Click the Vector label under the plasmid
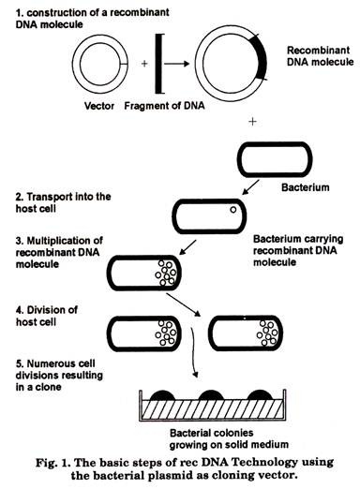(99, 106)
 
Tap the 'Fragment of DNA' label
(164, 106)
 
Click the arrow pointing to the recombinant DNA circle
(176, 64)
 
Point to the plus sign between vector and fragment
(144, 64)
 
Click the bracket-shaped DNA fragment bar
(157, 64)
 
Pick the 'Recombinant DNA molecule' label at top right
(320, 56)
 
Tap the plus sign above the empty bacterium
(252, 121)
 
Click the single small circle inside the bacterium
(233, 210)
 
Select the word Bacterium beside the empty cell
(305, 187)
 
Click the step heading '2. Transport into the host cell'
(63, 202)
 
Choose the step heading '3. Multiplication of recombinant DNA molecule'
(59, 252)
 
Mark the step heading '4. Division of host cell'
(47, 316)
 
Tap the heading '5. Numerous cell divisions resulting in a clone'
(59, 375)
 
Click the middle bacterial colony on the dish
(211, 395)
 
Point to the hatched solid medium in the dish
(213, 409)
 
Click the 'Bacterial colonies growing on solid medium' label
(229, 438)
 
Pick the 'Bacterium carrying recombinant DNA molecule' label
(298, 250)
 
